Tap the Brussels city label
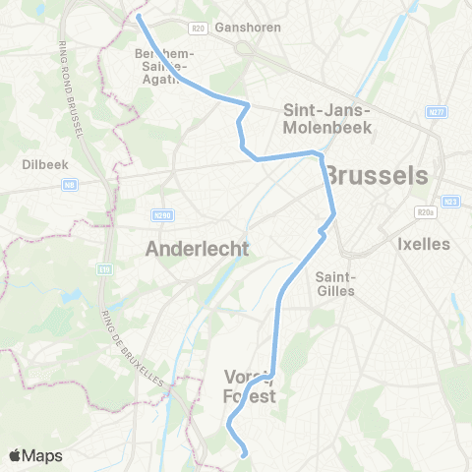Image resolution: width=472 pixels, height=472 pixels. (x=377, y=175)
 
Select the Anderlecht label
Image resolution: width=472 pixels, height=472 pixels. (x=197, y=249)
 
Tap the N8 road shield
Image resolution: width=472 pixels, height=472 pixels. (x=71, y=184)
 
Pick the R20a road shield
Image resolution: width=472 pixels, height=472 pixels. (x=424, y=210)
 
